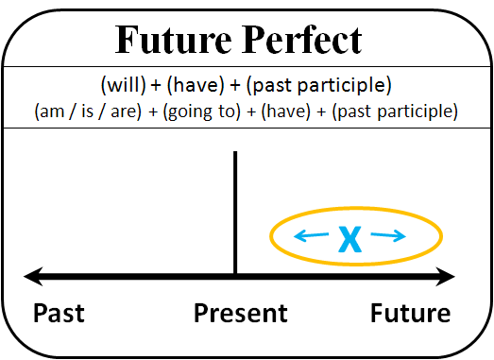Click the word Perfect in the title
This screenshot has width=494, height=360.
click(303, 40)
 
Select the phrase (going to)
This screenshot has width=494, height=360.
click(187, 111)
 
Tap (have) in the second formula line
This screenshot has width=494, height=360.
click(274, 111)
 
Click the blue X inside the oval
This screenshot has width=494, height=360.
click(350, 240)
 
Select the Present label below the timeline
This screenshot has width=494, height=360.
click(241, 313)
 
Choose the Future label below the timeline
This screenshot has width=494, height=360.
click(410, 313)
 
